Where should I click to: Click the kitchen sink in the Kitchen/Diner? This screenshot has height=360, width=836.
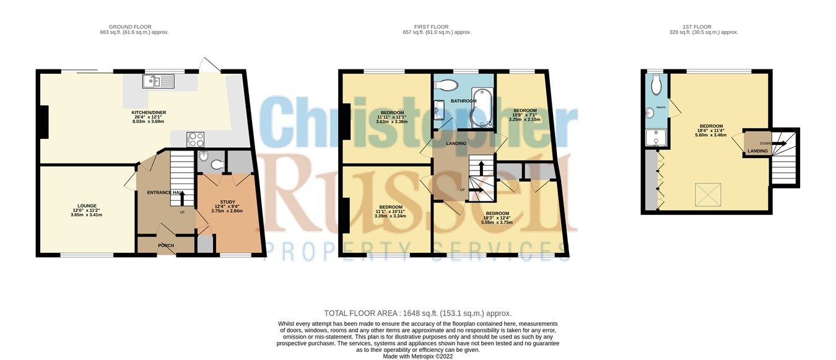(159, 81)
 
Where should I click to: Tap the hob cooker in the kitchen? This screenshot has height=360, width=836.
(196, 139)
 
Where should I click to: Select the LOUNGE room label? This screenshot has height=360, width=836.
(87, 206)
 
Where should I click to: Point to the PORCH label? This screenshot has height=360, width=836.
(165, 245)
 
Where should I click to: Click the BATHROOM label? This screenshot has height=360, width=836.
(463, 101)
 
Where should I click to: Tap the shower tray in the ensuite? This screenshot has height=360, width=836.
(656, 137)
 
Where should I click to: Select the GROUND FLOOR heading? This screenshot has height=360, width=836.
(134, 27)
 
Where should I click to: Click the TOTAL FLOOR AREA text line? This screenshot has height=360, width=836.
(417, 314)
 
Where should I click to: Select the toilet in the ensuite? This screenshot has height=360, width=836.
(656, 84)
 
